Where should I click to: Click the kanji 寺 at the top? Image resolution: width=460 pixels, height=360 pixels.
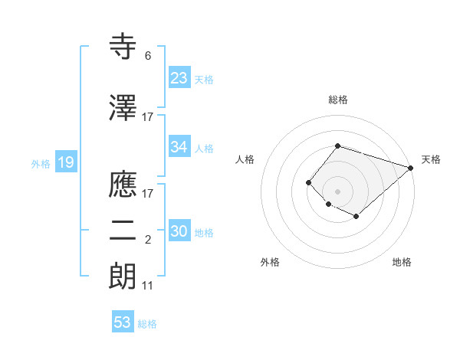[123, 47]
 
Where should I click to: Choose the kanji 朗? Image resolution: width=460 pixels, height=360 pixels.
[123, 275]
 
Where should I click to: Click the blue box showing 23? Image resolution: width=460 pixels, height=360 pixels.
[179, 78]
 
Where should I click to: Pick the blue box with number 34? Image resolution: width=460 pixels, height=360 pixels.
[179, 147]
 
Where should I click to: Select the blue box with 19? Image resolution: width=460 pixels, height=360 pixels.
[64, 162]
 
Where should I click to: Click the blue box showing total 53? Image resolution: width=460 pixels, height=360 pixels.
[123, 322]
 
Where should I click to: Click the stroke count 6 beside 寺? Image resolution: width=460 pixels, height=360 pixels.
[147, 56]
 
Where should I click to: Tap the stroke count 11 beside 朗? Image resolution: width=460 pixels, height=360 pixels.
[148, 286]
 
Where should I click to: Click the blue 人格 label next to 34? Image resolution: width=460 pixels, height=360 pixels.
[204, 148]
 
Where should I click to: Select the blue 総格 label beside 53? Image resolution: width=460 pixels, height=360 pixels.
[147, 324]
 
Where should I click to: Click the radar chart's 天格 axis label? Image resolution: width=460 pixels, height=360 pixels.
[431, 159]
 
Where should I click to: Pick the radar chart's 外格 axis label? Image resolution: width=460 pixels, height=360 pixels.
[270, 262]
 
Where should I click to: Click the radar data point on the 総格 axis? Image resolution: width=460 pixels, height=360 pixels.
[337, 146]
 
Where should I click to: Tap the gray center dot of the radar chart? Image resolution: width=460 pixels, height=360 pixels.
[337, 191]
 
